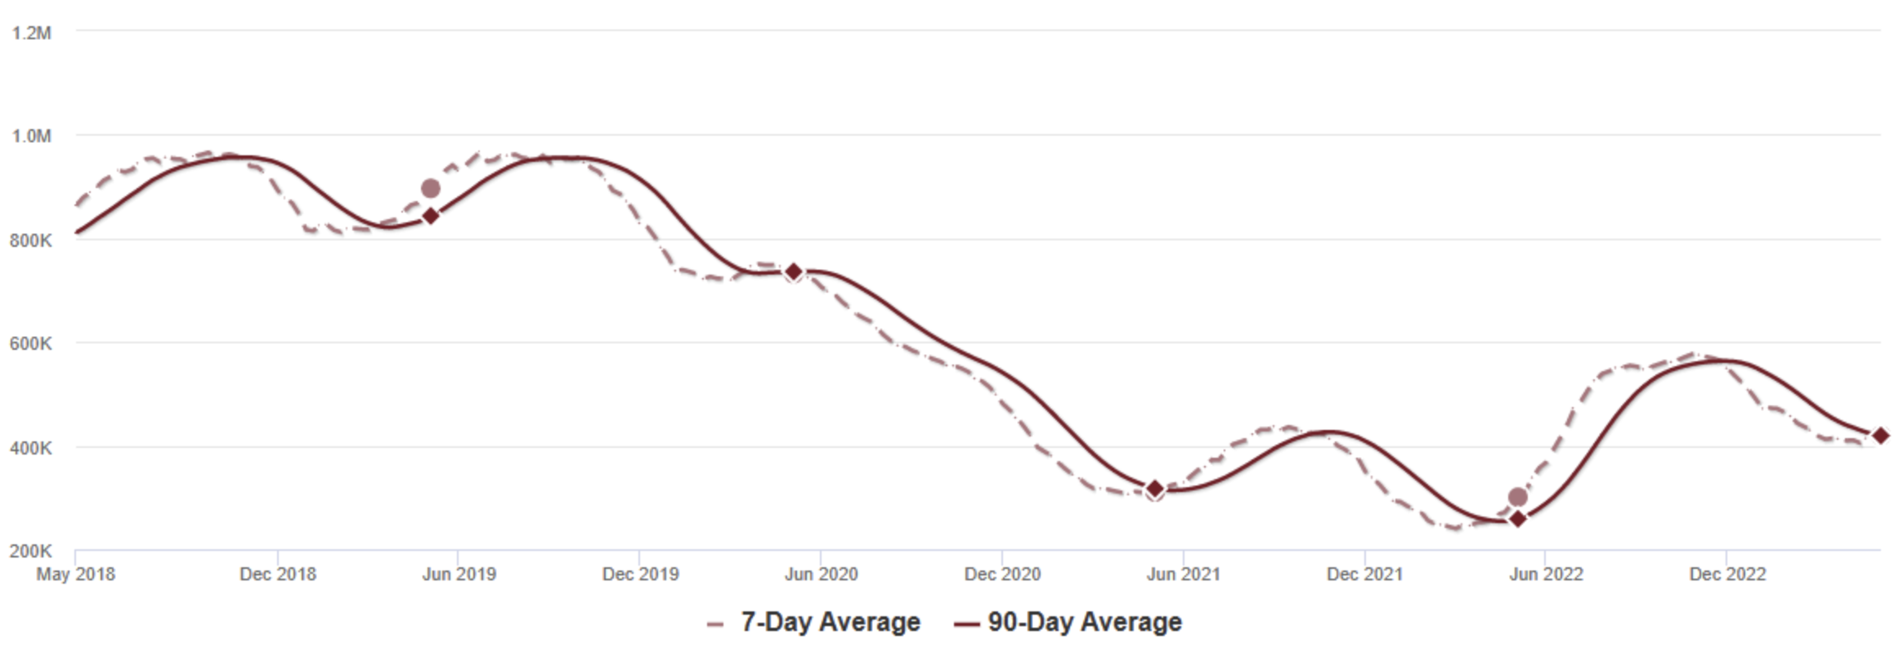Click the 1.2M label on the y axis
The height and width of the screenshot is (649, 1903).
coord(31,33)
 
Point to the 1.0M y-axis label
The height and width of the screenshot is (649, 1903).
coord(31,136)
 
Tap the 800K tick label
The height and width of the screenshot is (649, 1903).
coord(31,240)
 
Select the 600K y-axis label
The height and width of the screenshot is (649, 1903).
coord(31,343)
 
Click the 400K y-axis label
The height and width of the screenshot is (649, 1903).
coord(31,448)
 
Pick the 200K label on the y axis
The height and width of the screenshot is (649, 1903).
coord(31,551)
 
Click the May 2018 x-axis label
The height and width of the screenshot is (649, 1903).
coord(75,574)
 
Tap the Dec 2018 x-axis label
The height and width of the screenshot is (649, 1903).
coord(278,574)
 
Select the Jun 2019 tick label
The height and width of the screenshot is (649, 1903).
coord(459,574)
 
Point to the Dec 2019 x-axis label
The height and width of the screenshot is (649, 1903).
coord(640,574)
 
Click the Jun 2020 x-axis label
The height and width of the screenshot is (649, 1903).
coord(821,574)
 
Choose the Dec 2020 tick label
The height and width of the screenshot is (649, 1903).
coord(1002,574)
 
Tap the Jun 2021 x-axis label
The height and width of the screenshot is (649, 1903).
coord(1183,574)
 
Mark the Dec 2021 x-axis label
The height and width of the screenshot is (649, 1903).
coord(1364,574)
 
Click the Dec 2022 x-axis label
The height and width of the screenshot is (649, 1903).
coord(1727,574)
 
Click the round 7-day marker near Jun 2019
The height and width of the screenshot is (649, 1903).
coord(430,189)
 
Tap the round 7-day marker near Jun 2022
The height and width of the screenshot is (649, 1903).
coord(1517,497)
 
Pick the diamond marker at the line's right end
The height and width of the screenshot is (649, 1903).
coord(1880,436)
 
